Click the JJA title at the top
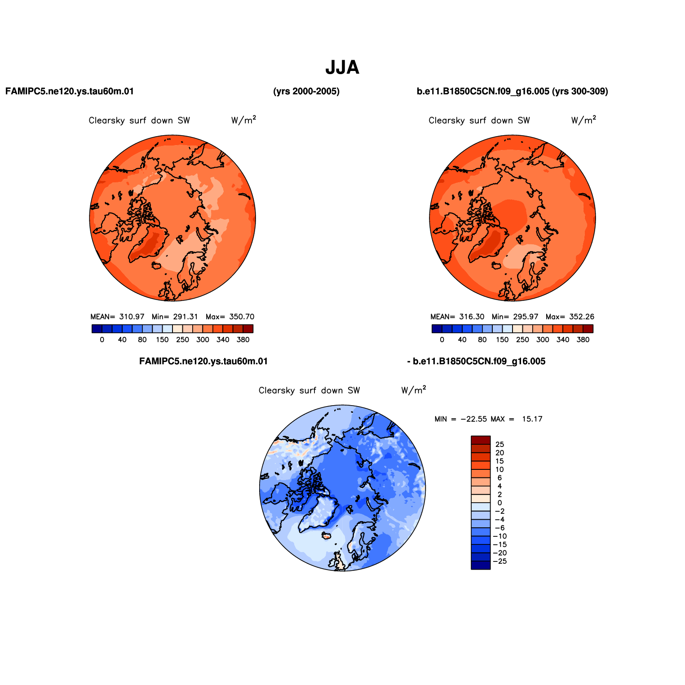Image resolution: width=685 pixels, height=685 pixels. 342,68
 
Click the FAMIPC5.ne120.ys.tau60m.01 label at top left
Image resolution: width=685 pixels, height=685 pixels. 70,92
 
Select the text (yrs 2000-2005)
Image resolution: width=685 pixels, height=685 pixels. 306,92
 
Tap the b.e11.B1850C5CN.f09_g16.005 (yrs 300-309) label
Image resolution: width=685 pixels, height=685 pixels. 513,92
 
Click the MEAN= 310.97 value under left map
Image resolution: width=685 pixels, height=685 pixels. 118,317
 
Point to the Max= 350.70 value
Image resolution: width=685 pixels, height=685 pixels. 230,317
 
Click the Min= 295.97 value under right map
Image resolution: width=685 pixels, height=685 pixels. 515,317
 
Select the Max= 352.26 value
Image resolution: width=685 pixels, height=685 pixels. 570,317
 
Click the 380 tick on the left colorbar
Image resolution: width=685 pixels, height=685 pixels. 243,340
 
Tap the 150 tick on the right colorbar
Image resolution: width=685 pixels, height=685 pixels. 502,340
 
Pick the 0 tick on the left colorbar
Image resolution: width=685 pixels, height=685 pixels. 102,340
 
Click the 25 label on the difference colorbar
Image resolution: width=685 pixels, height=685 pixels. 499,445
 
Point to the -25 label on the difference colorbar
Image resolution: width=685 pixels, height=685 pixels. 500,561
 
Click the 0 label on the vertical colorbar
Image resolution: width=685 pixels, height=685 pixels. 499,503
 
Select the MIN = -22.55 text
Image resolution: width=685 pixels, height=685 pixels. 461,419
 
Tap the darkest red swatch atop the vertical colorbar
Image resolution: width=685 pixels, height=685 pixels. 481,440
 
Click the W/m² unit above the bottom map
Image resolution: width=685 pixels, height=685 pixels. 413,389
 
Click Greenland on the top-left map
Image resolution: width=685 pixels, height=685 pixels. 147,245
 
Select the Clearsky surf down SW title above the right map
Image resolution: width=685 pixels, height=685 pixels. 479,120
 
